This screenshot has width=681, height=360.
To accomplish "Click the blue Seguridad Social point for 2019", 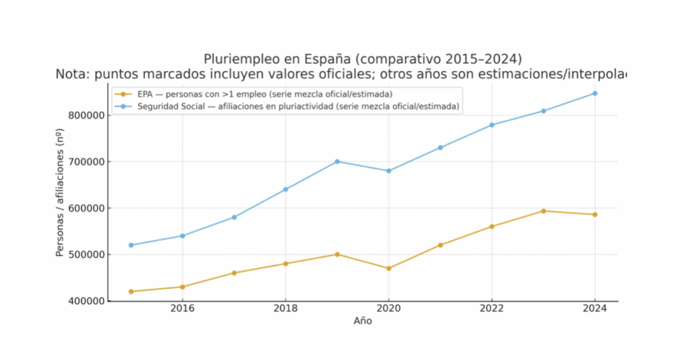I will coord(337,162).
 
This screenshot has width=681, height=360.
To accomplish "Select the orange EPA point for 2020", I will coord(388,268).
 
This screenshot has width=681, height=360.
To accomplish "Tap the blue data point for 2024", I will coord(595,93).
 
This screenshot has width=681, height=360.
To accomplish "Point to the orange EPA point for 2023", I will coord(543,211).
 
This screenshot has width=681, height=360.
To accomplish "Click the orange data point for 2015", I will coord(131,291).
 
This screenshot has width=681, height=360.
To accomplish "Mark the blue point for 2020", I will coord(388,171).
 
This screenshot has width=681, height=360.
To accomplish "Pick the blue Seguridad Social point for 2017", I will coord(234,218).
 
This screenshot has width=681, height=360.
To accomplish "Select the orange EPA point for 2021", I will coord(440,245).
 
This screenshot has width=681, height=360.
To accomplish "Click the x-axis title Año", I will coord(362,321).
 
